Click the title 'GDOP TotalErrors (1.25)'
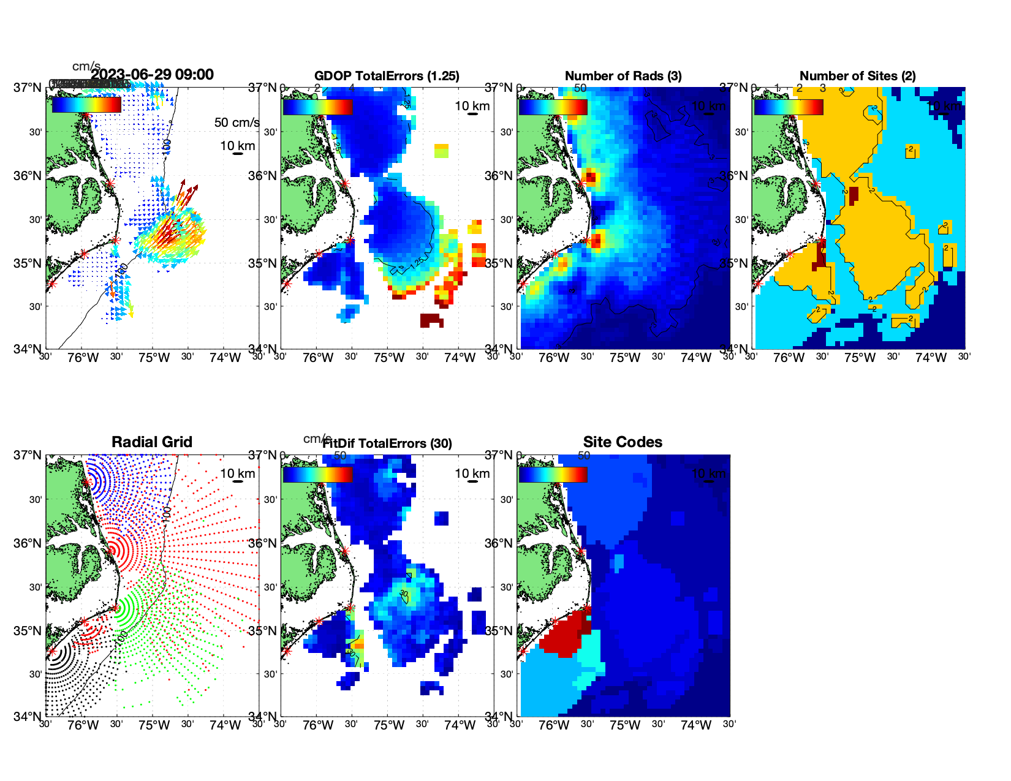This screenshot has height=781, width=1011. pos(387,76)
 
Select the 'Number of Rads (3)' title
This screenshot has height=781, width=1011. pos(623,76)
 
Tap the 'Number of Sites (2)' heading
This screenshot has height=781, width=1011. pos(857,76)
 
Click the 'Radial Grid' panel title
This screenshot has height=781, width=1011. pos(152,442)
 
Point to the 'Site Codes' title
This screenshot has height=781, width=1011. pos(623,442)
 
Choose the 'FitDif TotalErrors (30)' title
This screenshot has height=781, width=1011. pos(387,443)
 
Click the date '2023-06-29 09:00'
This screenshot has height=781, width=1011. pos(153,75)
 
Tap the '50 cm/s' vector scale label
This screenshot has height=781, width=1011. pos(237,123)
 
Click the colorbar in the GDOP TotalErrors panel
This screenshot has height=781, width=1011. pos(317,107)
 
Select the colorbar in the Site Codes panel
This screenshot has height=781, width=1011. pos(553,474)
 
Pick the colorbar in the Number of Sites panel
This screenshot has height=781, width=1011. pos(788,107)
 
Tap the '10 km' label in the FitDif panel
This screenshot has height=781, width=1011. pos(472,474)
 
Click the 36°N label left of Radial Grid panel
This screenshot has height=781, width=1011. pos(28,543)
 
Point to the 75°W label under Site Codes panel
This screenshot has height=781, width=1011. pos(625,726)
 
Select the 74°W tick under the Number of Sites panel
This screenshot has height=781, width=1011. pos(931,358)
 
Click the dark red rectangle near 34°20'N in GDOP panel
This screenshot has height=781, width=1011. pos(431,320)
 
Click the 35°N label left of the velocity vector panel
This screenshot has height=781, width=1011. pos(28,264)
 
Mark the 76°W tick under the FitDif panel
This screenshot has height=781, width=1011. pos(319,726)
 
